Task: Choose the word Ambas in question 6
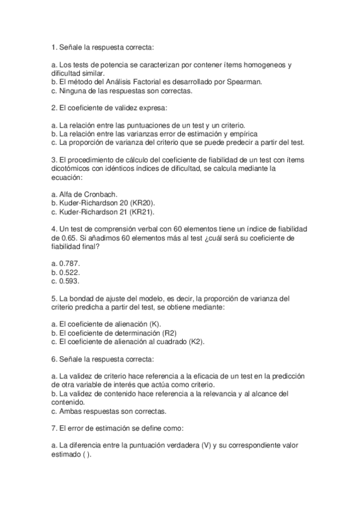point(72,411)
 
